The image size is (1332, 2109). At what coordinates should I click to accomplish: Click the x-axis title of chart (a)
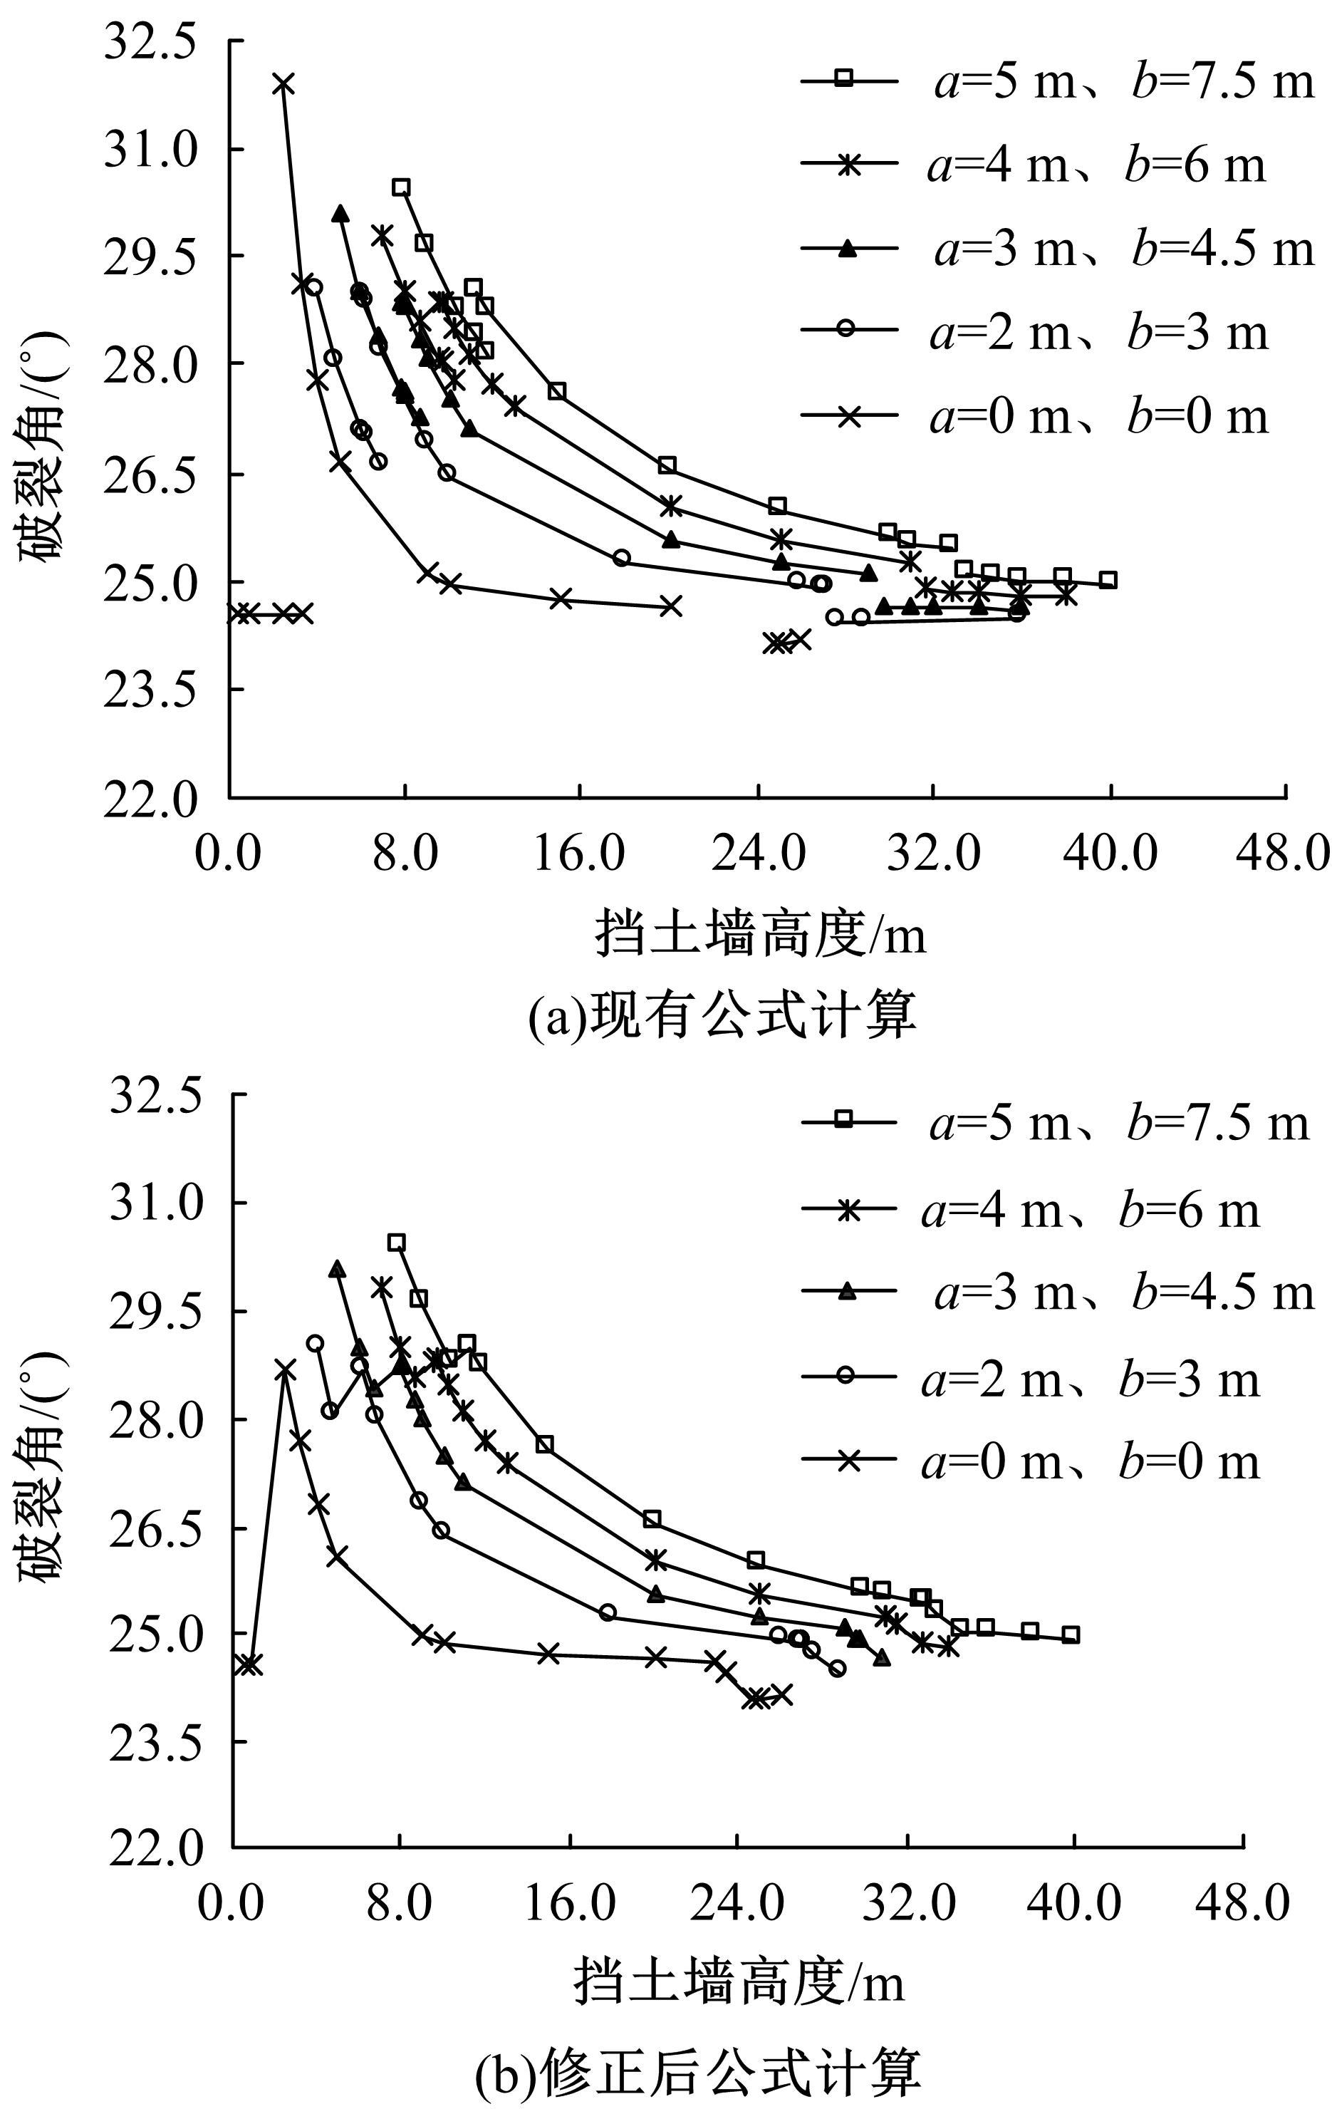760,935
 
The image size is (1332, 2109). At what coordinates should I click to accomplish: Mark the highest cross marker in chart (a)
283,84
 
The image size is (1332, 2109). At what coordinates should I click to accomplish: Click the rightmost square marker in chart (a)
1108,580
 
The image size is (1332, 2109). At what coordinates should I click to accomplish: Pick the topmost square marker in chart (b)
397,1243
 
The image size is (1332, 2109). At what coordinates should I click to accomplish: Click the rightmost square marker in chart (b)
1070,1635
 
